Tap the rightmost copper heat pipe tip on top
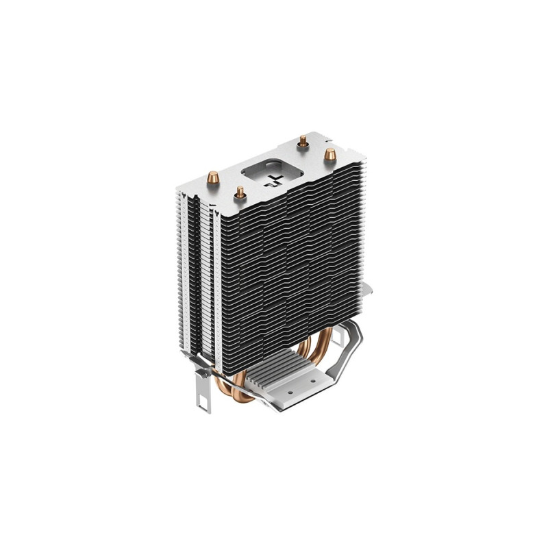pos(329,154)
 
